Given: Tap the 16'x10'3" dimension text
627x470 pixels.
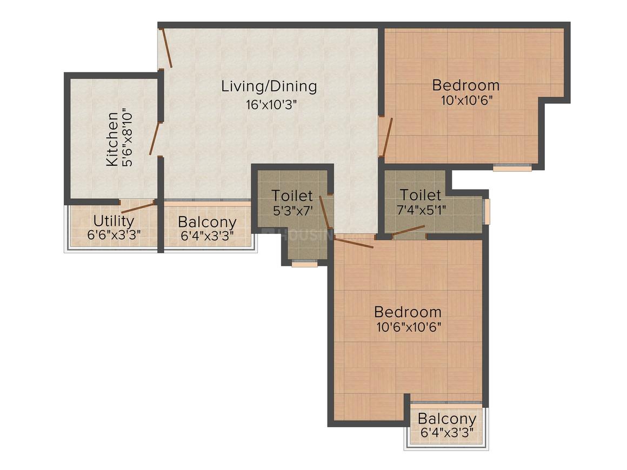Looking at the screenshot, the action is pyautogui.click(x=271, y=105).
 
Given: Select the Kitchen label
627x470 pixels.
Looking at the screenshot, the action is pyautogui.click(x=112, y=139).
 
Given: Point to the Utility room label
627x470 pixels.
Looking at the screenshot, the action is pyautogui.click(x=114, y=220).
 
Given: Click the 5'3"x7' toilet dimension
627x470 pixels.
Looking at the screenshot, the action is pyautogui.click(x=292, y=211).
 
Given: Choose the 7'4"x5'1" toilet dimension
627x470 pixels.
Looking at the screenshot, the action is pyautogui.click(x=422, y=210).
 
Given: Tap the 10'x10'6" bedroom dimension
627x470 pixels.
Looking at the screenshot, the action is pyautogui.click(x=466, y=100).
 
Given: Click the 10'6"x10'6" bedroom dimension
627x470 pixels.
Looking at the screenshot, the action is pyautogui.click(x=409, y=327).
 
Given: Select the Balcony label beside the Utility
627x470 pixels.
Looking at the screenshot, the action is pyautogui.click(x=207, y=222).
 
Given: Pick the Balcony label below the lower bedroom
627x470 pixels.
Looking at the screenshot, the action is pyautogui.click(x=447, y=419).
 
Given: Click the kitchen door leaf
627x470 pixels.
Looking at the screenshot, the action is pyautogui.click(x=155, y=138).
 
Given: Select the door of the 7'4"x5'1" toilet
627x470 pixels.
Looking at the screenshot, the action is pyautogui.click(x=408, y=231).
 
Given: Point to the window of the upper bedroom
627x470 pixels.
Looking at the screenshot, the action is pyautogui.click(x=512, y=168).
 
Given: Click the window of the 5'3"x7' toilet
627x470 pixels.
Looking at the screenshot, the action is pyautogui.click(x=305, y=264).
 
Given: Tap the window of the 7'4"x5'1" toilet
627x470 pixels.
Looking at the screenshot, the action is pyautogui.click(x=486, y=211).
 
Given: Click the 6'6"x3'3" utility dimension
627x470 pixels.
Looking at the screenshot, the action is pyautogui.click(x=114, y=234).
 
